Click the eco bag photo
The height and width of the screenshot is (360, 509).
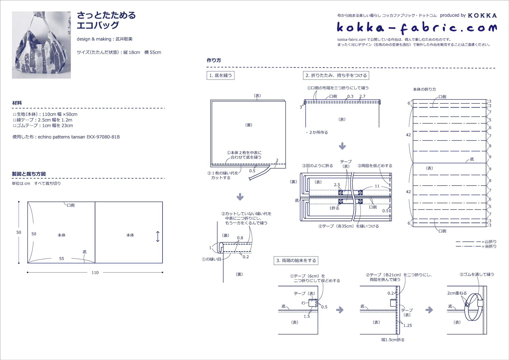click(41, 45)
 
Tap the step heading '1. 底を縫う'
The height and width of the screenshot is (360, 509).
click(220, 75)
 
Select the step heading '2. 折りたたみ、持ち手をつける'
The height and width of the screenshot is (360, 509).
click(336, 75)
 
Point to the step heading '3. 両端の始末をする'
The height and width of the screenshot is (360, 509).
click(296, 261)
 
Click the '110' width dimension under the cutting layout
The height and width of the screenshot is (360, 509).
click(95, 273)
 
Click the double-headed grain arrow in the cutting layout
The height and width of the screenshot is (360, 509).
click(158, 237)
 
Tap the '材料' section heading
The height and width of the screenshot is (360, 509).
click(17, 103)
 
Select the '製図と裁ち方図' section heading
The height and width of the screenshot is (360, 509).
click(29, 174)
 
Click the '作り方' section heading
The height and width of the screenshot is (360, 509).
click(214, 60)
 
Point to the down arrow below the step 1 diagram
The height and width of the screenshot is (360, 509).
click(240, 197)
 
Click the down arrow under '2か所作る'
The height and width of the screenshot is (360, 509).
click(342, 146)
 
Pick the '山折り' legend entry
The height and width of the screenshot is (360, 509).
click(476, 242)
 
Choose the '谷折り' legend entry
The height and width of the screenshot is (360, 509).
click(476, 246)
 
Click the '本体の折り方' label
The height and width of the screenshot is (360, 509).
click(424, 89)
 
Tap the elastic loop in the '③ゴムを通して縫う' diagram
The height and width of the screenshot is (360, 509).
click(472, 307)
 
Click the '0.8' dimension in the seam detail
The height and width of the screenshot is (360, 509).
click(240, 238)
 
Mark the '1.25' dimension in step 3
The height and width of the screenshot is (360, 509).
click(407, 326)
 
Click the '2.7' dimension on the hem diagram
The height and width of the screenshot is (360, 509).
click(362, 96)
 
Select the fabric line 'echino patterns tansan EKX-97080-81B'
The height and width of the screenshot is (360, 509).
click(66, 137)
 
